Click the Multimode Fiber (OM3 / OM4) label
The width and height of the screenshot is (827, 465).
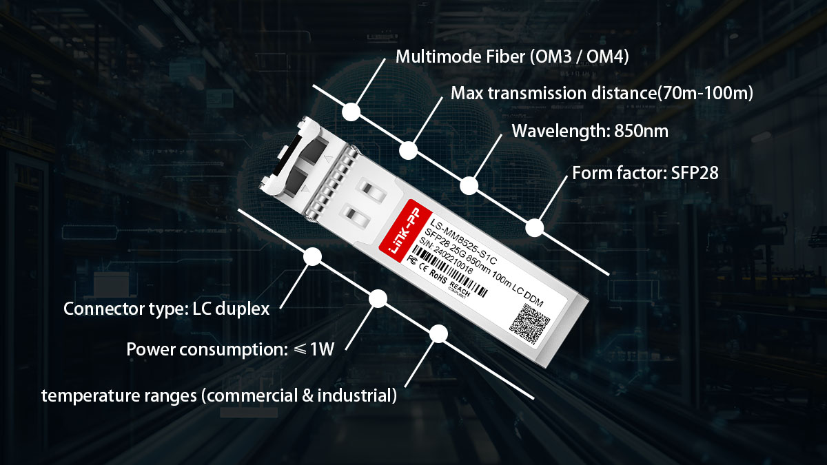[511, 56]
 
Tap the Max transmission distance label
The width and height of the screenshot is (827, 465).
[601, 93]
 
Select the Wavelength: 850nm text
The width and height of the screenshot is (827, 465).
[590, 131]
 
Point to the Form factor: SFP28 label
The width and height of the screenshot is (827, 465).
[645, 173]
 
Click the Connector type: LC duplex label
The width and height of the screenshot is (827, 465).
[166, 308]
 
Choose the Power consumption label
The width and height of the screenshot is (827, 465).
[230, 349]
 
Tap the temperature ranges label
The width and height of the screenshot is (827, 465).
[219, 395]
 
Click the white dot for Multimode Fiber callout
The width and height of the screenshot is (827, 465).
[351, 111]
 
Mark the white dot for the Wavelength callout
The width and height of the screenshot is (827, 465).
[469, 185]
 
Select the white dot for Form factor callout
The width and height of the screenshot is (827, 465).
[535, 227]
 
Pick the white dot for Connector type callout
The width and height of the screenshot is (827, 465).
[312, 257]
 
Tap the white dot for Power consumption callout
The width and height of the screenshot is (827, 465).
[378, 298]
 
